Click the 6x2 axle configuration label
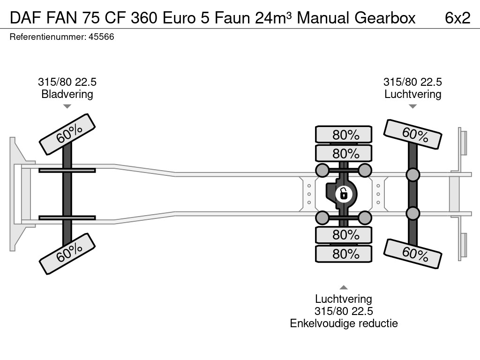457,17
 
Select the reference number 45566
101,37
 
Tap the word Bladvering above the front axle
67,94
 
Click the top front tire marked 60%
67,134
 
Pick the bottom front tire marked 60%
67,253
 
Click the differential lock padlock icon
344,193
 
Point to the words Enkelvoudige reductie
344,323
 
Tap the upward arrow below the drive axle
344,287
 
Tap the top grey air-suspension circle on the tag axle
412,175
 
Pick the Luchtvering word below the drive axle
344,299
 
